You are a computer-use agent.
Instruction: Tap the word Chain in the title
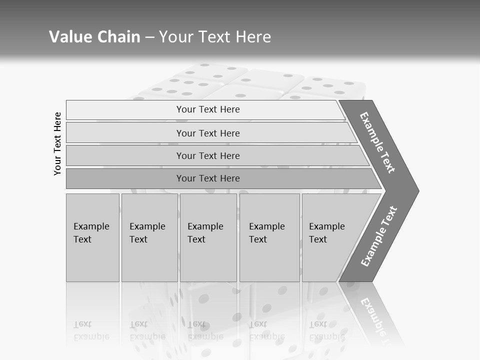pyautogui.click(x=118, y=37)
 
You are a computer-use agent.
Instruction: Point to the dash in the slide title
pyautogui.click(x=149, y=37)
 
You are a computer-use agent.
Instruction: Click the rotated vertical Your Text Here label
pyautogui.click(x=57, y=143)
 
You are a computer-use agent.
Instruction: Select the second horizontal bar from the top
pyautogui.click(x=208, y=133)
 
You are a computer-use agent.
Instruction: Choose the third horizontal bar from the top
pyautogui.click(x=208, y=155)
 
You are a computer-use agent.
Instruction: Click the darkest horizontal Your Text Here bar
pyautogui.click(x=208, y=178)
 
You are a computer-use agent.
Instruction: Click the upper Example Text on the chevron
pyautogui.click(x=377, y=142)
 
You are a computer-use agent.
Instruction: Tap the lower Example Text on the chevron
pyautogui.click(x=378, y=236)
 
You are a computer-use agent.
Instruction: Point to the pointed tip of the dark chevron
pyautogui.click(x=417, y=190)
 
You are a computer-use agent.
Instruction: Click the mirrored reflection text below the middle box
pyautogui.click(x=205, y=330)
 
